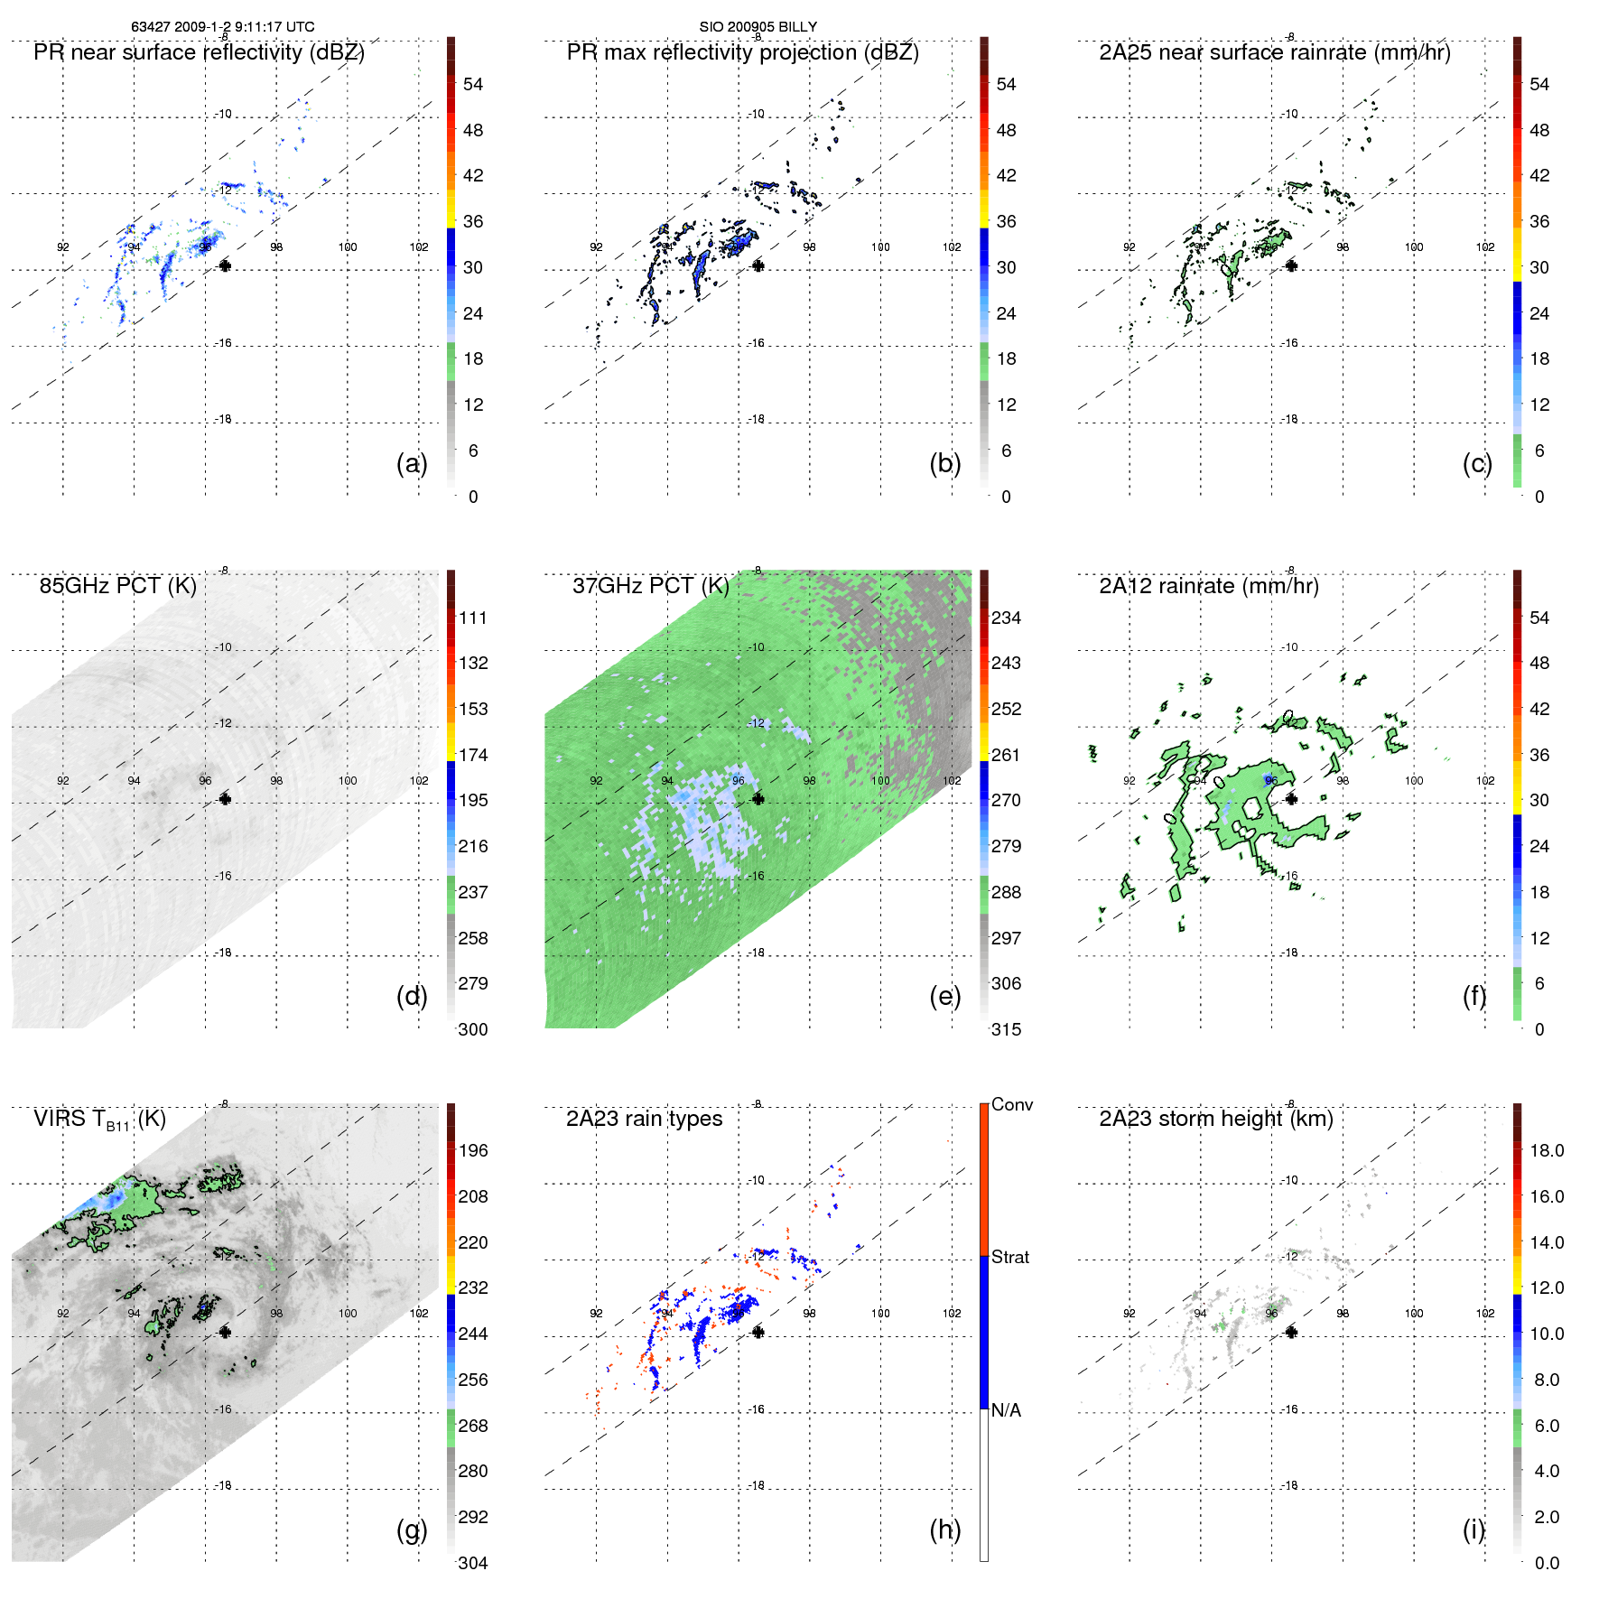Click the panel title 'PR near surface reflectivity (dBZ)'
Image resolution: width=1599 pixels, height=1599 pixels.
click(x=199, y=52)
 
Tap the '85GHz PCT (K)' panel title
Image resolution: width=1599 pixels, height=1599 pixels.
click(x=117, y=586)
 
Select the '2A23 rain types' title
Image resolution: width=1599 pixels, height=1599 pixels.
click(x=644, y=1119)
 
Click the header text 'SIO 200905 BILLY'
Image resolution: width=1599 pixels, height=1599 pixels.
click(x=758, y=27)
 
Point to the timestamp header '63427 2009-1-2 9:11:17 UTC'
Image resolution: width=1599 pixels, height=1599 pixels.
click(x=223, y=27)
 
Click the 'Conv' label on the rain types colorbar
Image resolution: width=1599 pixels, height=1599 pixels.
click(x=1011, y=1104)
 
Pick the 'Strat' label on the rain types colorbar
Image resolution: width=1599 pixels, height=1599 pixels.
click(x=1009, y=1257)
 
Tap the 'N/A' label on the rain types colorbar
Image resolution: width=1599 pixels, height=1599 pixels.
click(x=1006, y=1410)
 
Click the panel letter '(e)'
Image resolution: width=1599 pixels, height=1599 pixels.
click(x=944, y=996)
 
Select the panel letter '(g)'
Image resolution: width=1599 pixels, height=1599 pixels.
click(x=412, y=1529)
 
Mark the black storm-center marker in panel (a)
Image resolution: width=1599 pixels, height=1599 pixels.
click(x=225, y=265)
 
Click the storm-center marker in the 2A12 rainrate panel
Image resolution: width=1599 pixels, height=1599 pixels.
click(x=1291, y=799)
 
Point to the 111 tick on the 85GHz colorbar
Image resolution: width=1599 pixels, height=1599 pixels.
click(x=473, y=618)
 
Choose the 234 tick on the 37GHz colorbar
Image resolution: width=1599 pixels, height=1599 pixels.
click(x=1006, y=618)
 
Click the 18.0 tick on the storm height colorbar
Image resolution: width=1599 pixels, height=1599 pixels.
click(x=1546, y=1150)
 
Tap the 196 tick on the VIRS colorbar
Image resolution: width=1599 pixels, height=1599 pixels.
click(x=473, y=1150)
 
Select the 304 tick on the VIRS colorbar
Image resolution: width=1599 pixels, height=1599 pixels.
click(x=473, y=1563)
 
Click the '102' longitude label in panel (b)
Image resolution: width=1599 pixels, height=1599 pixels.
click(x=952, y=247)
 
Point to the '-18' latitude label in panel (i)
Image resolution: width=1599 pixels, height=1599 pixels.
click(x=1290, y=1485)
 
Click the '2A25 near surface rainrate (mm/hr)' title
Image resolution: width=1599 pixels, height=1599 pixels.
click(x=1274, y=52)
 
